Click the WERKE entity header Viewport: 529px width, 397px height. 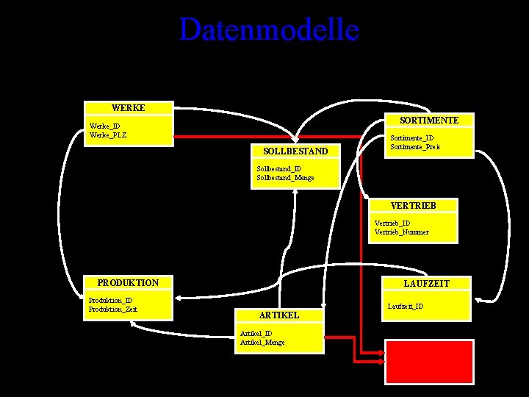click(129, 108)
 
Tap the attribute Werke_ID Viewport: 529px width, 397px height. click(105, 126)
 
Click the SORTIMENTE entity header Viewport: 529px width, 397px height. click(430, 120)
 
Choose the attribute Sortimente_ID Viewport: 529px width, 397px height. click(412, 137)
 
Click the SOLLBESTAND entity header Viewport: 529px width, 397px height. click(295, 151)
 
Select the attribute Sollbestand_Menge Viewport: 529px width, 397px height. click(286, 178)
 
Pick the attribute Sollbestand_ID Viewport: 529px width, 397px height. click(279, 169)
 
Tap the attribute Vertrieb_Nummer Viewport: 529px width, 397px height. click(401, 232)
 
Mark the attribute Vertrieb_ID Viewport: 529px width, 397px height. click(392, 223)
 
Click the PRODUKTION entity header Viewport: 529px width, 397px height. click(128, 283)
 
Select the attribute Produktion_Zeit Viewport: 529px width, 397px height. click(112, 309)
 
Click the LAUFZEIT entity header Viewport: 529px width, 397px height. click(427, 283)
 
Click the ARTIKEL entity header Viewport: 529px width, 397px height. click(279, 315)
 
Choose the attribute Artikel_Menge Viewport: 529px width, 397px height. click(263, 343)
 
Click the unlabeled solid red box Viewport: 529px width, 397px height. click(429, 362)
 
